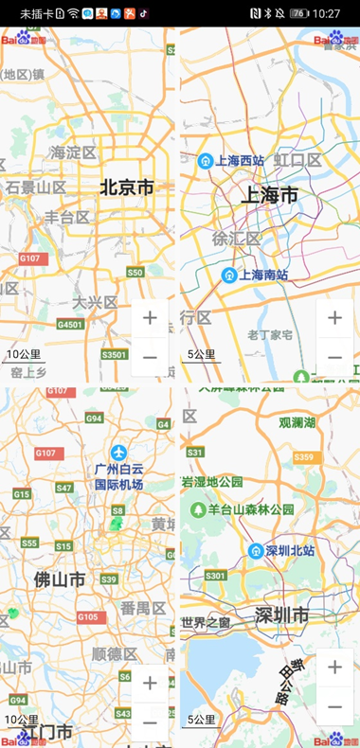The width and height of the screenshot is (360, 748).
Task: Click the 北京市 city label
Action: coord(127,188)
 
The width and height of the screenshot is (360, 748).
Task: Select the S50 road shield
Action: coord(135,273)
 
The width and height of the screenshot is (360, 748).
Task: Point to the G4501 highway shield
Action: coord(70,324)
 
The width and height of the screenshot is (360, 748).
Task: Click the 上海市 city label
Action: coord(269,196)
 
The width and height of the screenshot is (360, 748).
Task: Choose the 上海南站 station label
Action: coord(263,276)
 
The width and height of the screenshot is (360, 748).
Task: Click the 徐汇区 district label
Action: coord(237,239)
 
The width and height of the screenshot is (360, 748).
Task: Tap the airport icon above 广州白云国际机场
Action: coord(118,452)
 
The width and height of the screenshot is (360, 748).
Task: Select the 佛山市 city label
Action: coord(60,579)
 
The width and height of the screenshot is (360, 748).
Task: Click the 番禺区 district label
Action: coord(143,608)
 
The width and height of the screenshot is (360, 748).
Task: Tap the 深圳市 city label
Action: coord(281,616)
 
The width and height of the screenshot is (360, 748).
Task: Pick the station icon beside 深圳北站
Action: coord(256,551)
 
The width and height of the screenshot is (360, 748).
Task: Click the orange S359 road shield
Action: coord(303,457)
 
